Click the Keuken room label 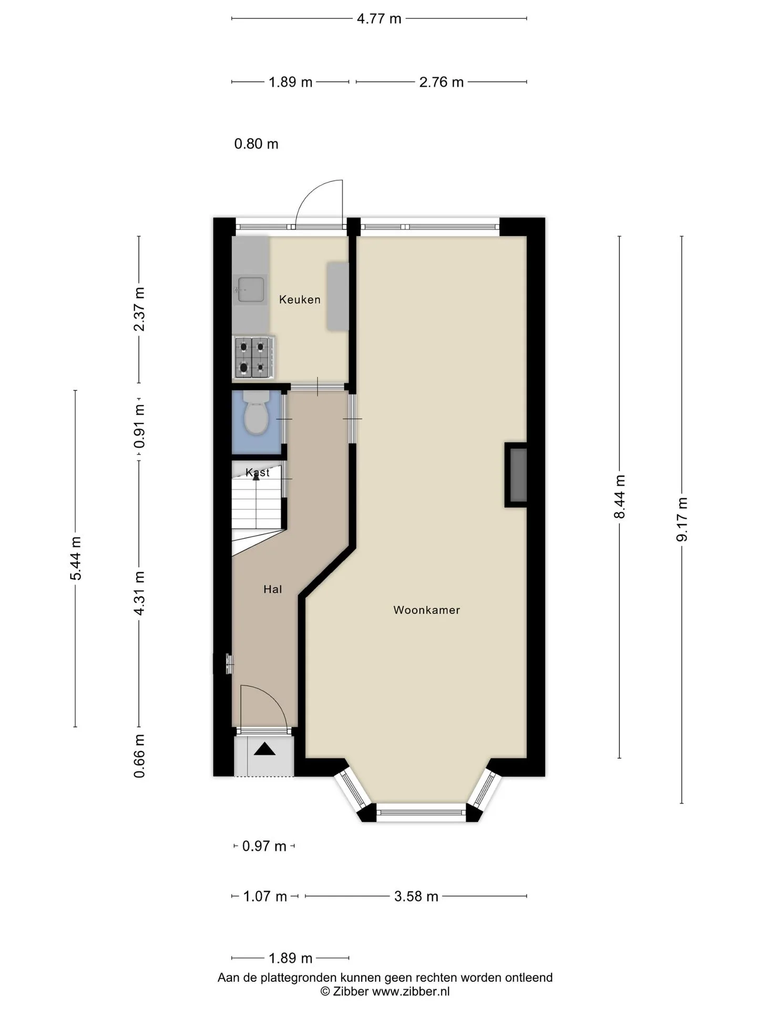click(x=300, y=300)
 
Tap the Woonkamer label click(x=426, y=610)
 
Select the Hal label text click(x=273, y=590)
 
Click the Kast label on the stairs click(x=258, y=472)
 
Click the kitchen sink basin click(x=251, y=290)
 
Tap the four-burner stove click(x=254, y=357)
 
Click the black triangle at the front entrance click(x=264, y=748)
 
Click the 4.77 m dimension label click(x=379, y=19)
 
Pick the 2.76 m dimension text click(x=442, y=82)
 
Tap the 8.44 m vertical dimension click(x=620, y=497)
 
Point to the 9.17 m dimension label click(x=682, y=519)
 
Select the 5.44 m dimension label click(x=76, y=558)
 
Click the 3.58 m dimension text click(x=416, y=896)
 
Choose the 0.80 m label click(x=256, y=144)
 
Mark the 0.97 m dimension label click(x=264, y=846)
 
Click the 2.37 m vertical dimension click(x=139, y=309)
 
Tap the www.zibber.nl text click(x=411, y=991)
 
